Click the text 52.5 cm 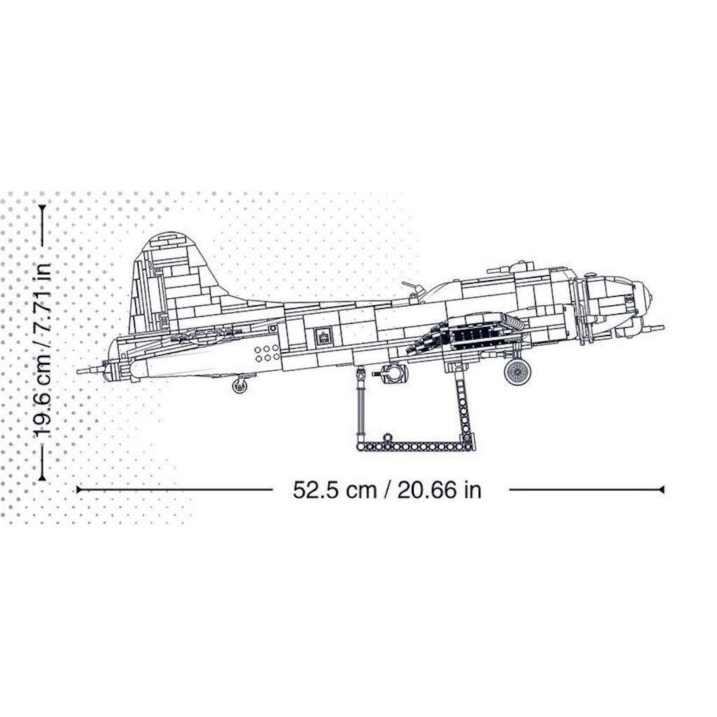[x=335, y=489]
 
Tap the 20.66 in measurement [x=440, y=489]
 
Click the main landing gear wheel [x=517, y=372]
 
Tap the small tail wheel [x=239, y=386]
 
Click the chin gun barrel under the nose [x=653, y=328]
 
